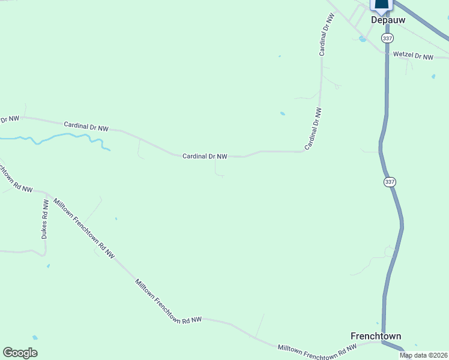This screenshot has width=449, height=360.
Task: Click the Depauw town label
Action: [388, 20]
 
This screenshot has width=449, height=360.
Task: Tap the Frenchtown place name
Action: [376, 336]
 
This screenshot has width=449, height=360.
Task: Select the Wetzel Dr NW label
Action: [413, 56]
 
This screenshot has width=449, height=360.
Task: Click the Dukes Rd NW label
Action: [44, 220]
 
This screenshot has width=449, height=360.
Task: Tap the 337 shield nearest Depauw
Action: [387, 38]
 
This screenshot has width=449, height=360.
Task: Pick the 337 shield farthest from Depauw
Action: [390, 181]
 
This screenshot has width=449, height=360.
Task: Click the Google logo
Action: [20, 353]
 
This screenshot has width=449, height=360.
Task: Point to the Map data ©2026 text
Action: [423, 355]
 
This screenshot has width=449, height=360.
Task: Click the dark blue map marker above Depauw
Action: [382, 5]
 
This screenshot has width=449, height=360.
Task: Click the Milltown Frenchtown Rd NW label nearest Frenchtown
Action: [318, 352]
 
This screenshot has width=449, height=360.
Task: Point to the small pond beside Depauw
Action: [362, 39]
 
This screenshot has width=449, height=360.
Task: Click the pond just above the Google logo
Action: [35, 338]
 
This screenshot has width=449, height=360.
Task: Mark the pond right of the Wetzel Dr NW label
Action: [433, 77]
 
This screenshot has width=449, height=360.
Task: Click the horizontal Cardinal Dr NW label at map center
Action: [205, 156]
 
